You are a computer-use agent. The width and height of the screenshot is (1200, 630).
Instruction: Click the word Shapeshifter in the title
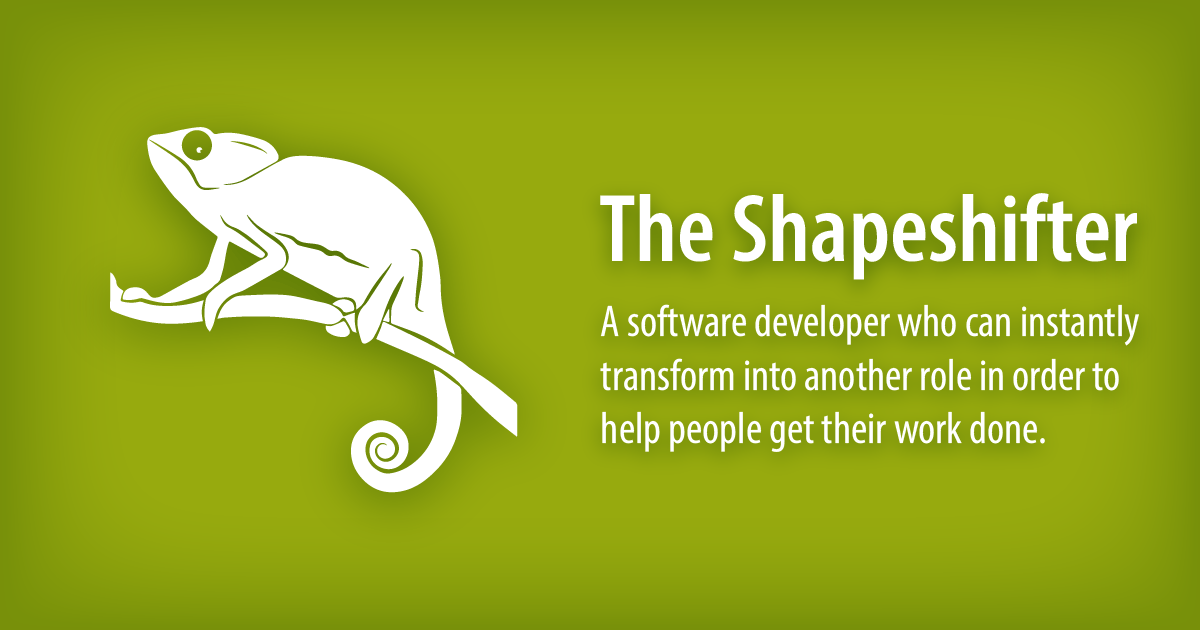coord(935,229)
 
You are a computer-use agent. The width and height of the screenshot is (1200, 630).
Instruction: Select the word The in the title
coord(655,229)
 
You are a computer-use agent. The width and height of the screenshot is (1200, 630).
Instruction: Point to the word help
coord(628,432)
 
